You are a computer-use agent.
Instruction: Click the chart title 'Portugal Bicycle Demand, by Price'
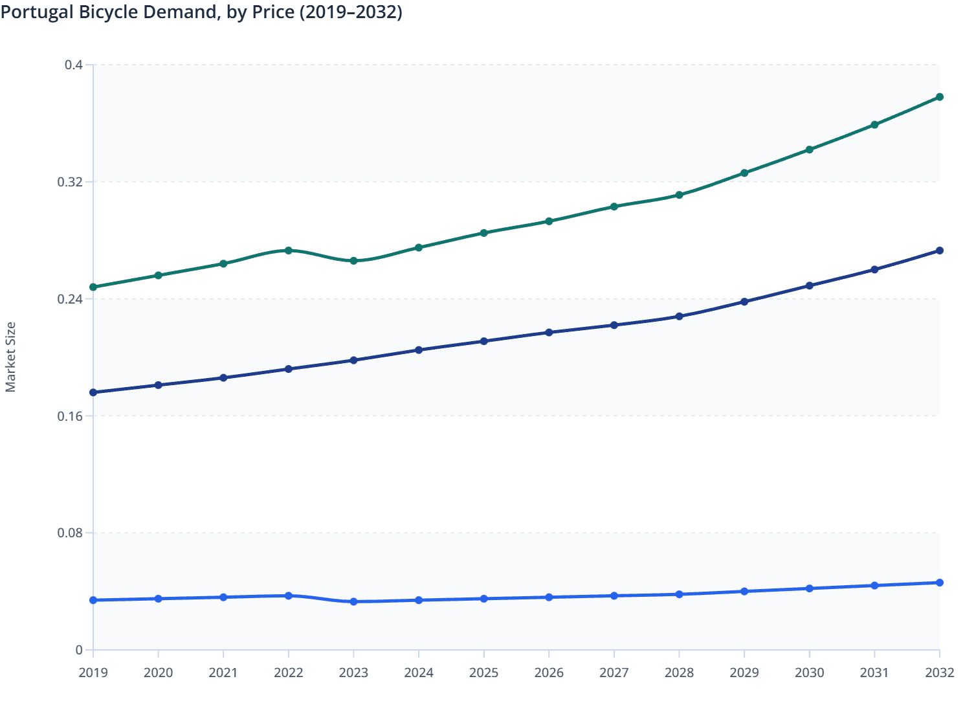pyautogui.click(x=201, y=12)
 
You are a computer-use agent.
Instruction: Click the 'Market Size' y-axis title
pyautogui.click(x=10, y=357)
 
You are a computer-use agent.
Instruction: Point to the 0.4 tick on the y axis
pyautogui.click(x=74, y=65)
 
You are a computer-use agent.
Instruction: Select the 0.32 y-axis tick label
pyautogui.click(x=71, y=182)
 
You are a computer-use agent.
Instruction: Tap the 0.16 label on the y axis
pyautogui.click(x=71, y=416)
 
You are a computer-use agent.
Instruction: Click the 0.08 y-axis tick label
pyautogui.click(x=71, y=533)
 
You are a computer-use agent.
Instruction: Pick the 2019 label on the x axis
pyautogui.click(x=93, y=673)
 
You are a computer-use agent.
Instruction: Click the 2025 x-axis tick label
pyautogui.click(x=484, y=673)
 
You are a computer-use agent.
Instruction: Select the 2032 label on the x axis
pyautogui.click(x=940, y=673)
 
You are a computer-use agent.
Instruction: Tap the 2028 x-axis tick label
pyautogui.click(x=679, y=673)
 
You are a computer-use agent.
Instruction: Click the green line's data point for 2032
pyautogui.click(x=940, y=97)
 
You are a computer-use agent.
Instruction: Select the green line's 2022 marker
pyautogui.click(x=289, y=251)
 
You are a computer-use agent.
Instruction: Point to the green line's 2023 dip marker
pyautogui.click(x=353, y=261)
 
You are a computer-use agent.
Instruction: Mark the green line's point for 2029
pyautogui.click(x=744, y=173)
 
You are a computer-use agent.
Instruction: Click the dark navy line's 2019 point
pyautogui.click(x=93, y=392)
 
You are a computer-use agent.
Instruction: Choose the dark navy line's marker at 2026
pyautogui.click(x=549, y=332)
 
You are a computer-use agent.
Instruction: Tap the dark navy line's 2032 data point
pyautogui.click(x=940, y=251)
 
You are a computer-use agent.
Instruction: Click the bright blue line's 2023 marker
pyautogui.click(x=353, y=601)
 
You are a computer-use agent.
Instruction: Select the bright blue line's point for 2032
pyautogui.click(x=940, y=583)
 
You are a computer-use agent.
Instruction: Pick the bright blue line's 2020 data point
pyautogui.click(x=158, y=599)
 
